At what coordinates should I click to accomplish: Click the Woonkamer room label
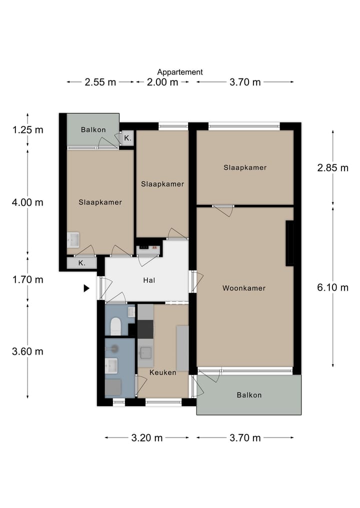[x=244, y=288]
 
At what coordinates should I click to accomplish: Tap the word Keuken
[x=163, y=373]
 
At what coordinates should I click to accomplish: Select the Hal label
[x=149, y=280]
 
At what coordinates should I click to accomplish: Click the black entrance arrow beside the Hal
[x=86, y=288]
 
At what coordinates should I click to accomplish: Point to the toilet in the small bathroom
[x=115, y=326]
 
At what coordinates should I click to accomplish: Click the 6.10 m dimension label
[x=333, y=287]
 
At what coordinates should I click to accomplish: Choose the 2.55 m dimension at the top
[x=100, y=82]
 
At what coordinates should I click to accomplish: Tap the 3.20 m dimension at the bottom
[x=146, y=438]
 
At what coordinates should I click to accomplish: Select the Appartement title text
[x=180, y=72]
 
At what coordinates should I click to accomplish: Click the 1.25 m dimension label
[x=27, y=130]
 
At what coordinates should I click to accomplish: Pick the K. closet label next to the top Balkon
[x=128, y=138]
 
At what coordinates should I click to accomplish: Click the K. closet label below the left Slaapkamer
[x=81, y=263]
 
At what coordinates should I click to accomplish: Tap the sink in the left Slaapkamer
[x=73, y=240]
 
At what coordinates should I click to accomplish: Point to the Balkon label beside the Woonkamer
[x=249, y=395]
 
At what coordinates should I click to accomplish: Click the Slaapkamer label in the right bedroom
[x=245, y=167]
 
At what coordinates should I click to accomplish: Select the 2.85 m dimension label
[x=333, y=168]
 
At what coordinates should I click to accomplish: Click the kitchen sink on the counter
[x=145, y=353]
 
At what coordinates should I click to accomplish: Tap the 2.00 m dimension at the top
[x=162, y=82]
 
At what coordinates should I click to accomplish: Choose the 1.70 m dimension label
[x=27, y=280]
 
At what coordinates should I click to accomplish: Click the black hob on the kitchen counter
[x=145, y=329]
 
